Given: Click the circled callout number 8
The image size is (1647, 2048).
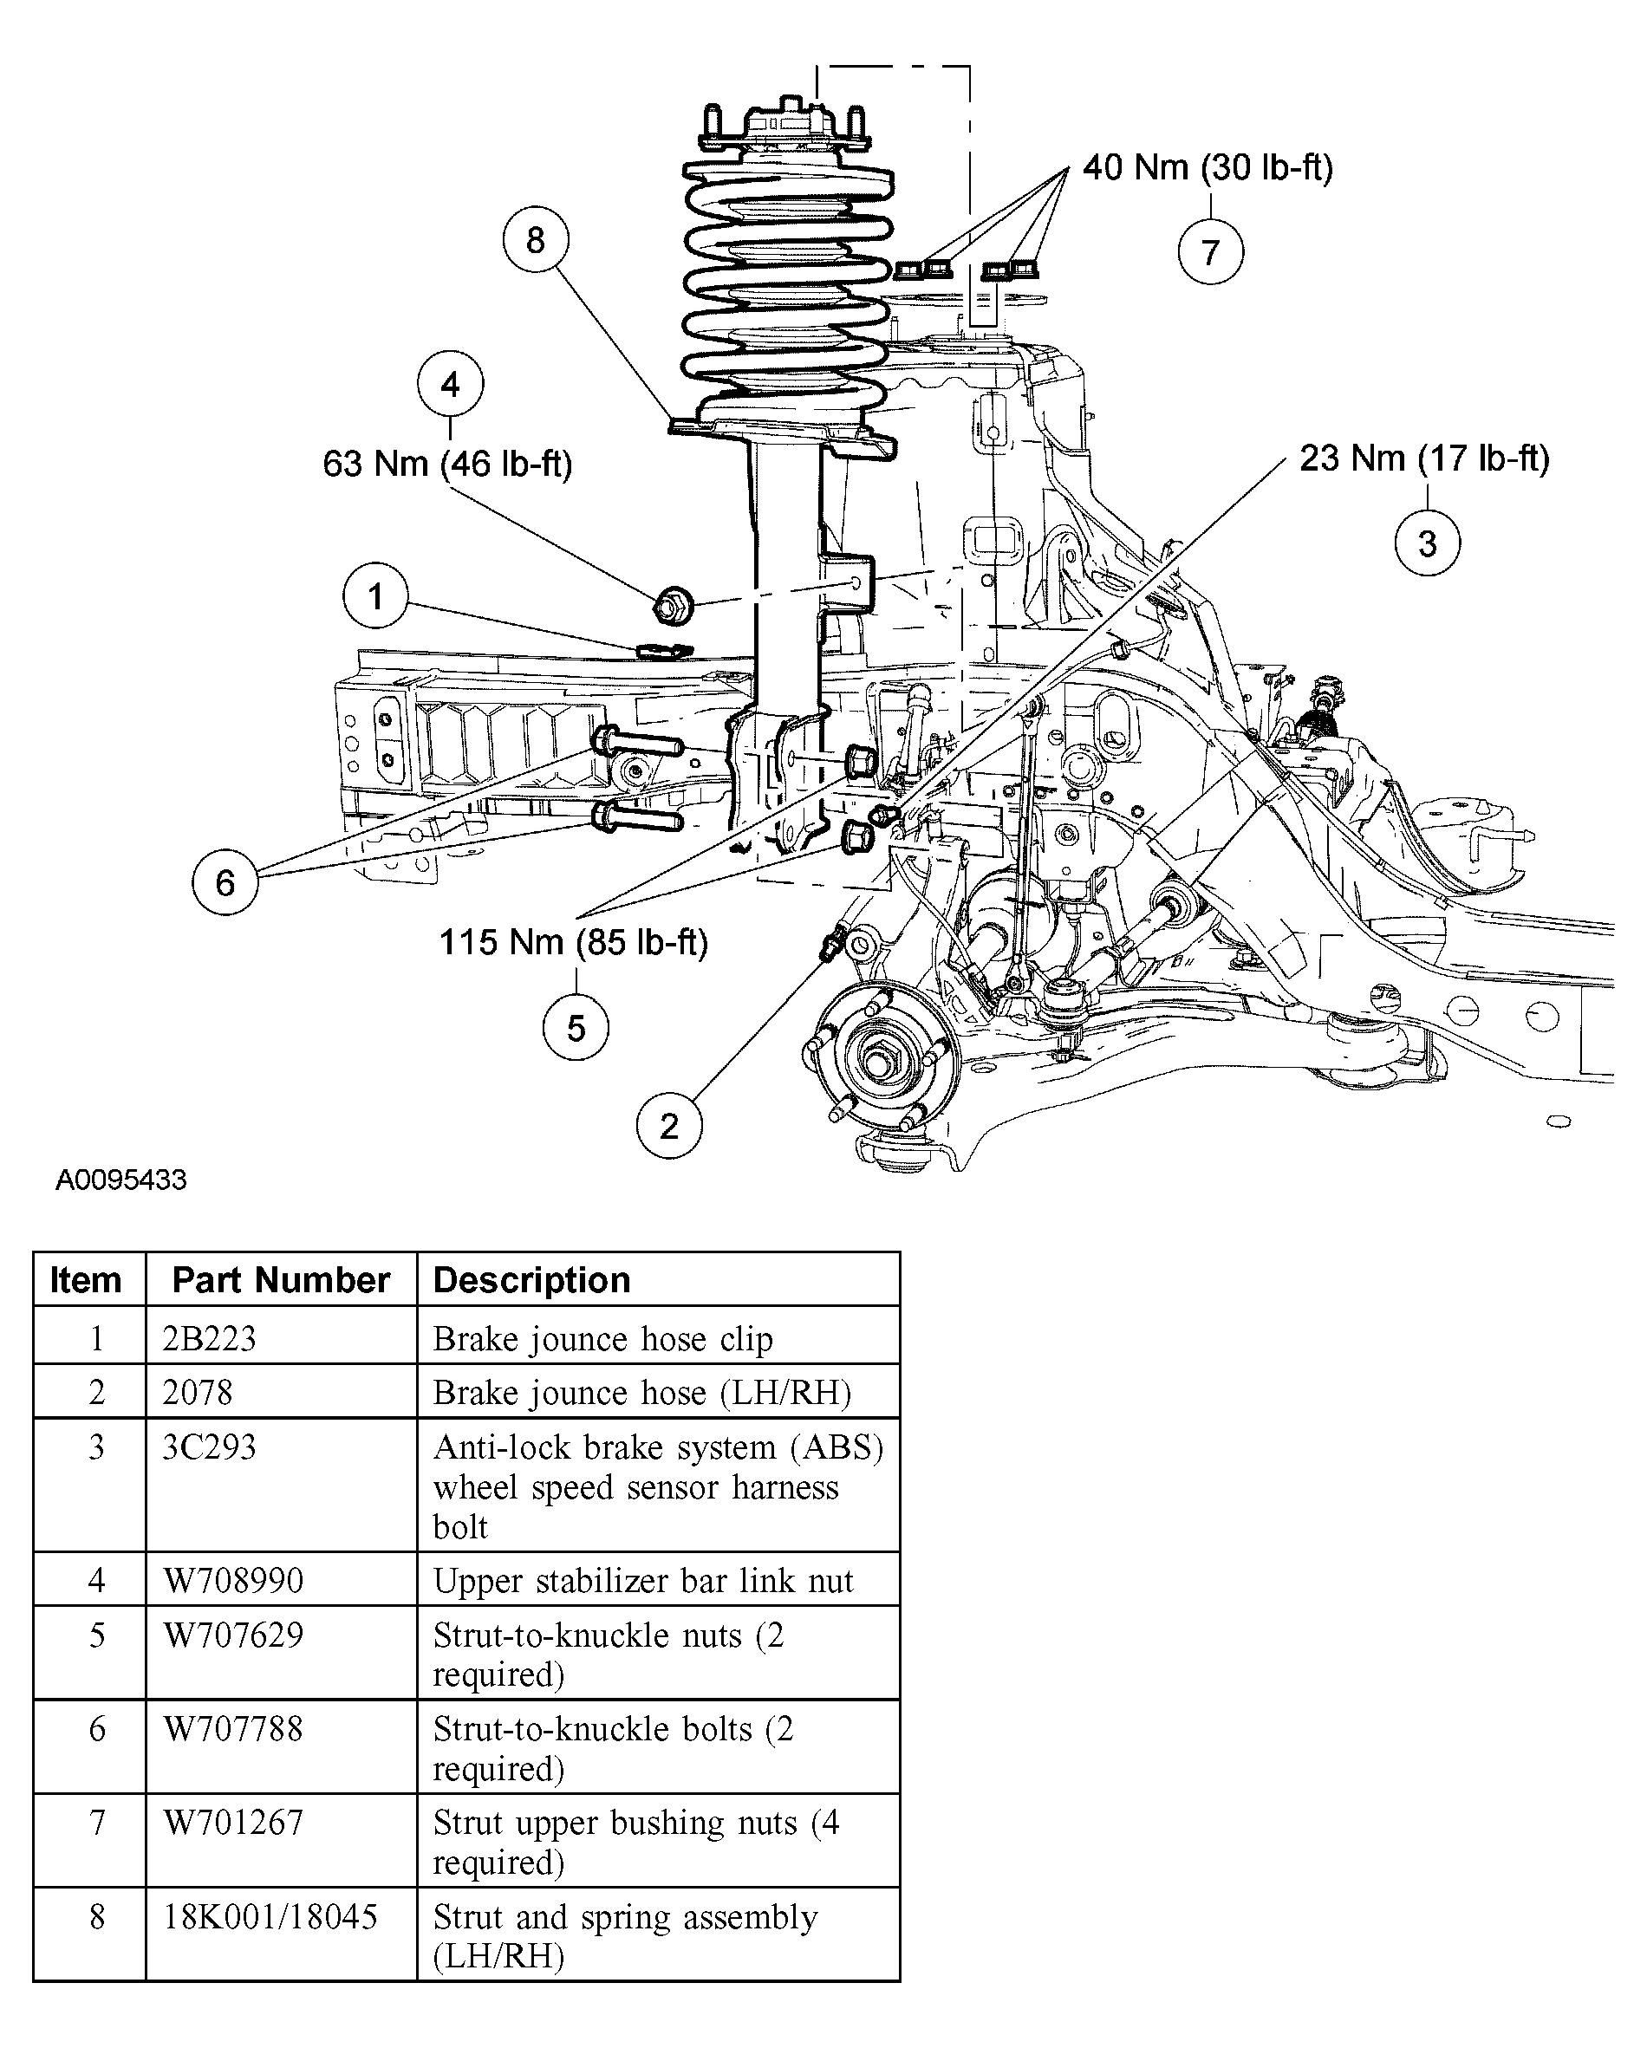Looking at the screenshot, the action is pos(536,239).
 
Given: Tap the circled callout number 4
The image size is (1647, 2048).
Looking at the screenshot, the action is pos(450,385).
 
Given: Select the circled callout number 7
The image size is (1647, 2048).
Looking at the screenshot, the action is pos(1210,251).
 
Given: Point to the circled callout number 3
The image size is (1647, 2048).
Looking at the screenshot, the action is pos(1427,543).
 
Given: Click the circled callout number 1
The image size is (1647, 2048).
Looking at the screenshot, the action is pos(375,595).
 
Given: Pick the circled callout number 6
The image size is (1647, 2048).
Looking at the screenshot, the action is pos(225,882).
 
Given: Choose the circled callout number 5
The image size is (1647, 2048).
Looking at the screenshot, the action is pos(576,1028).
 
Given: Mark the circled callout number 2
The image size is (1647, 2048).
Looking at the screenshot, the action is pos(668,1126).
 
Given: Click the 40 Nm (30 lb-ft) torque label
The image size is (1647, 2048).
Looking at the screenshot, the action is pos(1208,167).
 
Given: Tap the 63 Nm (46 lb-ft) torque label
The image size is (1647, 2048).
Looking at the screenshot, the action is pos(447,464).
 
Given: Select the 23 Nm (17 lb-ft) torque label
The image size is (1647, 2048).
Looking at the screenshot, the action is pos(1425,458).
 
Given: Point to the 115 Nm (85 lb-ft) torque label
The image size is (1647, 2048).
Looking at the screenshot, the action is pos(574,942).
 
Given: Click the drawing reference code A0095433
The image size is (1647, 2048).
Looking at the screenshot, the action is pos(120,1180).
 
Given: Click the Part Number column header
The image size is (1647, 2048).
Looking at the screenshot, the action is pos(281,1279).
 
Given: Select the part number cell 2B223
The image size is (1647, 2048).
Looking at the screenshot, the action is pos(209,1338).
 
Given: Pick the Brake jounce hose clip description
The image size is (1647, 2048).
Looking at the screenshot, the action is pos(603,1339).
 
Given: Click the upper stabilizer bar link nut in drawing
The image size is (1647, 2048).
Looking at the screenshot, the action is pos(674,605).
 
